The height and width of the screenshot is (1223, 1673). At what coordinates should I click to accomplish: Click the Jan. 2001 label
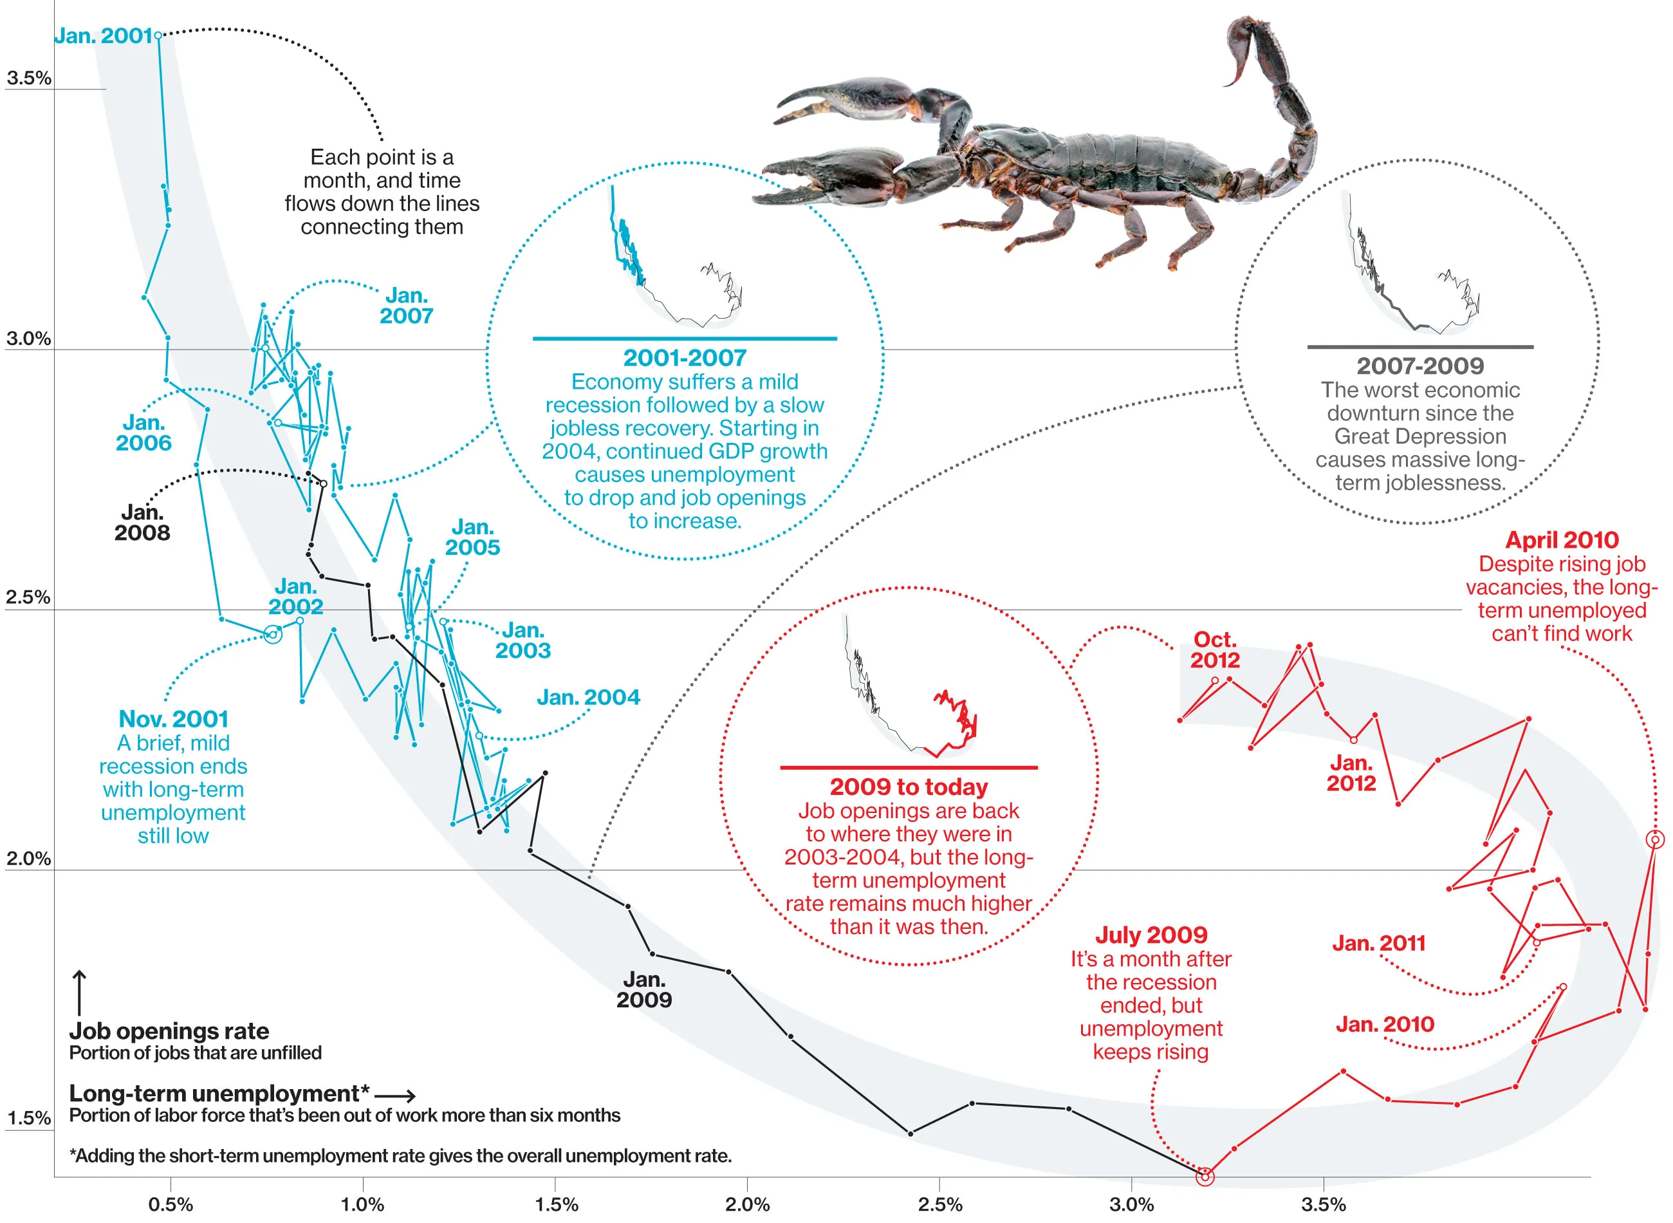pos(103,35)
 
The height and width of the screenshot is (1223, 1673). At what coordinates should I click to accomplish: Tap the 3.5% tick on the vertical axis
pos(29,78)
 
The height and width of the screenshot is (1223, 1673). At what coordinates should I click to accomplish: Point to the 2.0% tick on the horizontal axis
pos(747,1204)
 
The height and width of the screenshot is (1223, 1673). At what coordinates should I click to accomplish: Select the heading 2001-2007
pos(685,358)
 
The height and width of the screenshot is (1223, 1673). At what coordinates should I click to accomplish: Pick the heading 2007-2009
pos(1420,366)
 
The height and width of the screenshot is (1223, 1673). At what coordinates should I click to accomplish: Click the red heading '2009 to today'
pos(909,787)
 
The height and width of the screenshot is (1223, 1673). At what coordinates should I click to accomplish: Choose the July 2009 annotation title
pos(1151,935)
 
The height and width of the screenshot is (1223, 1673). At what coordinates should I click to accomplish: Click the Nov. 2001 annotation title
pos(173,719)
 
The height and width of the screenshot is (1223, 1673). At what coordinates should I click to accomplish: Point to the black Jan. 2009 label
pos(643,990)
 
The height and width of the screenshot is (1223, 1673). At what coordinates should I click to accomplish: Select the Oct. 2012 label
pos(1215,650)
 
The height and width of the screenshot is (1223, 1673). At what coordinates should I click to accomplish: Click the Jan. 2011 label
pos(1378,943)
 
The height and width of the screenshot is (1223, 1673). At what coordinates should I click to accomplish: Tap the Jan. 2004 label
pos(588,697)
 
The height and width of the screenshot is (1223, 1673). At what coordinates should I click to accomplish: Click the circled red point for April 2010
pos(1655,839)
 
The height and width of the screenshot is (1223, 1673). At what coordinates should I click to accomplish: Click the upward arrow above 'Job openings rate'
pos(79,993)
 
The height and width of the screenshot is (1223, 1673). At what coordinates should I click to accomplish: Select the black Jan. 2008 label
pos(142,523)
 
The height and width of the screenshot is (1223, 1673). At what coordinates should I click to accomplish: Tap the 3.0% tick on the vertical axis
pos(29,339)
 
